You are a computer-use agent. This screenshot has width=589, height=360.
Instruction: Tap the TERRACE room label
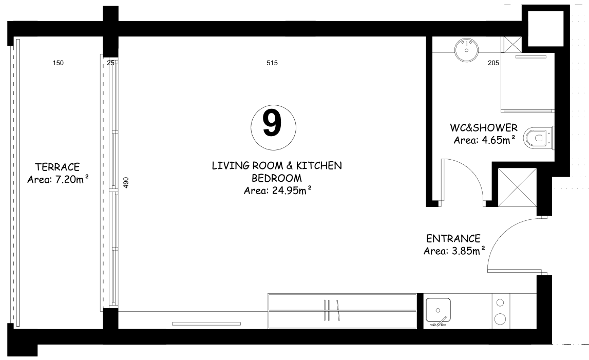(58, 167)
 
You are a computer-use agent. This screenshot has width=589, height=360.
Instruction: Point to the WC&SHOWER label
(484, 128)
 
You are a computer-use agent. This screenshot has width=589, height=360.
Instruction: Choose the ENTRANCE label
(453, 239)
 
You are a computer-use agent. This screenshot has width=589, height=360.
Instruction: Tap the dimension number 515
(272, 63)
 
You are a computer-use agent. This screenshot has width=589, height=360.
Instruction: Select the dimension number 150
(58, 63)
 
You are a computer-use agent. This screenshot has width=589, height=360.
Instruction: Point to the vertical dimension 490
(126, 183)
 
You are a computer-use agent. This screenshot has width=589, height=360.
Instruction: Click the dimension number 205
(493, 63)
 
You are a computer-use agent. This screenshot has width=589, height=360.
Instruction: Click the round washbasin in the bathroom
(467, 50)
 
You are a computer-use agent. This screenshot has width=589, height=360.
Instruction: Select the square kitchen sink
(438, 310)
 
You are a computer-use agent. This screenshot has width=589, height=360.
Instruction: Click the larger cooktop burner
(500, 319)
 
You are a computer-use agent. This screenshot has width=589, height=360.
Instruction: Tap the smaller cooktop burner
(500, 302)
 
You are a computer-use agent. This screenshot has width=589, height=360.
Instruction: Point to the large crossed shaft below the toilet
(517, 187)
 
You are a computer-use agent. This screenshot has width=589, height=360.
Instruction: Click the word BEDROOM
(277, 178)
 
